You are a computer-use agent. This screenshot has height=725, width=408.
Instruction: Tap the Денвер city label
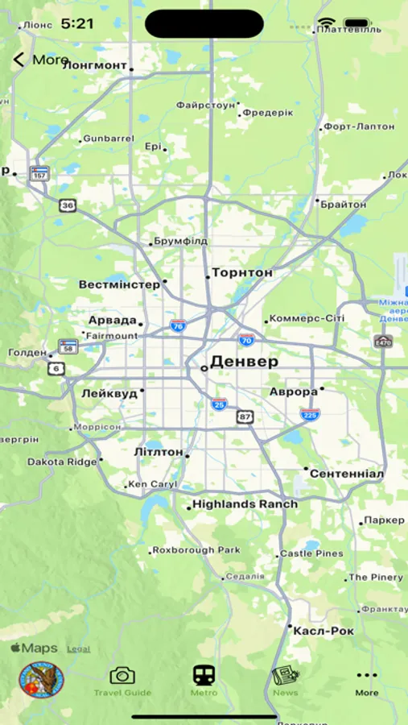tap(244, 362)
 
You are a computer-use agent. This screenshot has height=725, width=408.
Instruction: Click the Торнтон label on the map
tap(242, 273)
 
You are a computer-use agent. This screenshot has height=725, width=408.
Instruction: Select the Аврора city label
tap(294, 392)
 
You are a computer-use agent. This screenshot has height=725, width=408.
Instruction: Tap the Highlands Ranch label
tap(245, 504)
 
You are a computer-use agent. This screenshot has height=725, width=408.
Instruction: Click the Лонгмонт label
tap(95, 65)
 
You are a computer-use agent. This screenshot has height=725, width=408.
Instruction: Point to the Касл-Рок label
tap(324, 631)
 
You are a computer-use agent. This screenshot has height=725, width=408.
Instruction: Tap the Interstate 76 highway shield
tap(178, 325)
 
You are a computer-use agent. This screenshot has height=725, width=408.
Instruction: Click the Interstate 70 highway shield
tap(246, 340)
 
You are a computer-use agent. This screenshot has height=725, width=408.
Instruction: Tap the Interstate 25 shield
tap(219, 404)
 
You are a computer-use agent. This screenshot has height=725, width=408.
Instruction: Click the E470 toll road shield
tap(383, 342)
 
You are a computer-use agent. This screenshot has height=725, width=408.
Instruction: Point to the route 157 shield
tap(39, 173)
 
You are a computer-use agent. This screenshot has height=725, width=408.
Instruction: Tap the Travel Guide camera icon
tap(122, 676)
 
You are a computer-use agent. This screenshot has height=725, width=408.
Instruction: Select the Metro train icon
tap(204, 676)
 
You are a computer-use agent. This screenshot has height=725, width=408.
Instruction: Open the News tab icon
tap(285, 676)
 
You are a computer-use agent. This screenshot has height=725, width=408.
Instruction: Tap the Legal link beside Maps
tap(78, 648)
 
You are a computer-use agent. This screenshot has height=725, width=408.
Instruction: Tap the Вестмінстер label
tap(119, 285)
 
